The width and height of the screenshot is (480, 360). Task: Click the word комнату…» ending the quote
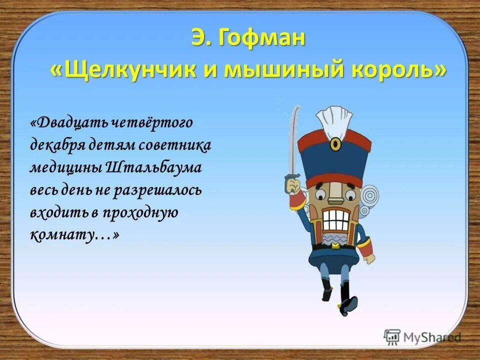(75, 235)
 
